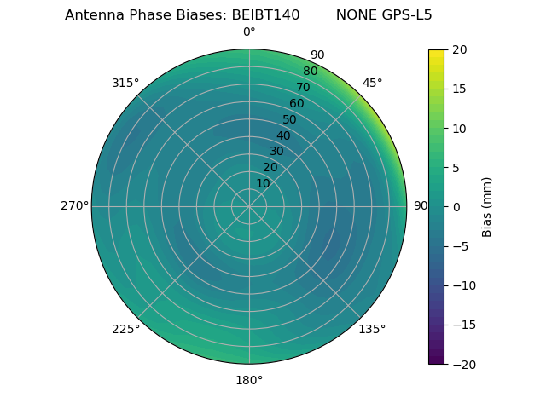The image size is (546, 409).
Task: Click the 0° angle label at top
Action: click(x=249, y=32)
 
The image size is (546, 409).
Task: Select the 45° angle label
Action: click(x=372, y=83)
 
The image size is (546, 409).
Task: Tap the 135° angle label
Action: click(x=372, y=329)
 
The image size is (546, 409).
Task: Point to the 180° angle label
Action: click(x=249, y=380)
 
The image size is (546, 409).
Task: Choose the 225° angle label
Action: click(x=125, y=329)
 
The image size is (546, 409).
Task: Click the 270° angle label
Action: click(x=74, y=206)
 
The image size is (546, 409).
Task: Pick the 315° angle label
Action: click(x=125, y=83)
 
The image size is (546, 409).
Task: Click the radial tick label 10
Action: click(x=263, y=183)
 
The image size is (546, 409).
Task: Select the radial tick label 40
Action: click(x=283, y=135)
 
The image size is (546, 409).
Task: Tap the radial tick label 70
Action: click(x=304, y=88)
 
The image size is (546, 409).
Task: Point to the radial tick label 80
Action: click(x=311, y=72)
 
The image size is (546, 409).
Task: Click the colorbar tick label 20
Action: click(x=459, y=49)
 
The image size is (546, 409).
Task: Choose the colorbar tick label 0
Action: click(x=456, y=207)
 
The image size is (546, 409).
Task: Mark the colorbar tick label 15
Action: click(x=459, y=89)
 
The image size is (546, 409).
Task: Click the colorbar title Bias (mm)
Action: click(x=487, y=207)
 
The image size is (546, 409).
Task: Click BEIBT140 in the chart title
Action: click(x=265, y=14)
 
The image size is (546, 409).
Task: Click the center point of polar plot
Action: click(x=249, y=206)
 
